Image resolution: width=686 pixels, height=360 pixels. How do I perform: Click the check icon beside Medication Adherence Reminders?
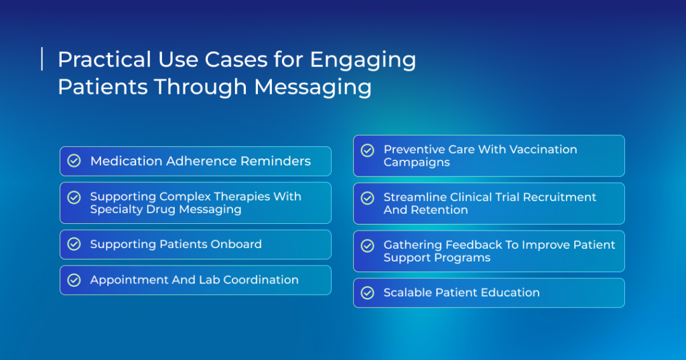[74, 161]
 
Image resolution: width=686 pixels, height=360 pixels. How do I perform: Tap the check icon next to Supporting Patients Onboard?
[74, 244]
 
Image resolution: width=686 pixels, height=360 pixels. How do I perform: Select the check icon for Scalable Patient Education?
[368, 292]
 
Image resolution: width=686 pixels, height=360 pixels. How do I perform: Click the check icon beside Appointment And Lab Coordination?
[74, 280]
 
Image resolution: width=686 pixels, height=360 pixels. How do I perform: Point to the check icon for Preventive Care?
[368, 150]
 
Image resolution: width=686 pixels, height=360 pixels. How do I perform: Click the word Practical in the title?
[105, 59]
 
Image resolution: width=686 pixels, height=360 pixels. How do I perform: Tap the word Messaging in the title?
[313, 87]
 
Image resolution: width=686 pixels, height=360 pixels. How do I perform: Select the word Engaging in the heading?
[362, 60]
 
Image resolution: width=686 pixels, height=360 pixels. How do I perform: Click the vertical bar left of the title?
[42, 59]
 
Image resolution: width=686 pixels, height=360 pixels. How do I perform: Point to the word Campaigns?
[417, 162]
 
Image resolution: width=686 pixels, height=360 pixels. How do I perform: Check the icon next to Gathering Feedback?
[368, 245]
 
